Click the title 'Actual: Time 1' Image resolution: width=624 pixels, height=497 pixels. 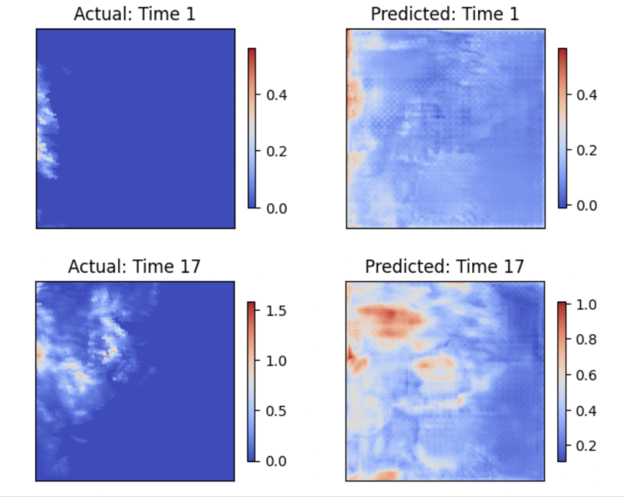pos(135,14)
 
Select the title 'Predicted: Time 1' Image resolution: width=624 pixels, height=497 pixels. pos(445,14)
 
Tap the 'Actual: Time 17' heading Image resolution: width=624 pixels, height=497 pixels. pos(134,267)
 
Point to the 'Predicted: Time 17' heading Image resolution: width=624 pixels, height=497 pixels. pos(444,267)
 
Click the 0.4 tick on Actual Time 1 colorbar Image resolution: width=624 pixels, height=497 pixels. pos(276,95)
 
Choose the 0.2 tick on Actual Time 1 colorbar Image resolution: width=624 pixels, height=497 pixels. pos(276,152)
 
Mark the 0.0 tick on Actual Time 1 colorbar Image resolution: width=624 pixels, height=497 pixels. pos(276,209)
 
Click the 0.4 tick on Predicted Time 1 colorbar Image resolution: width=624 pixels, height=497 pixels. pos(586,95)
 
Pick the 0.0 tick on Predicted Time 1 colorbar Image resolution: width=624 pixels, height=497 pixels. pos(586,206)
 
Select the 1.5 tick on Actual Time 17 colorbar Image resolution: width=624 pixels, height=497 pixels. pos(276,311)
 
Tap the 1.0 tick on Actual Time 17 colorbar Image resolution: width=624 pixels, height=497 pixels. pos(276,361)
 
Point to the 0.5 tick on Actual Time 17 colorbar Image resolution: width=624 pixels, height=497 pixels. pos(276,411)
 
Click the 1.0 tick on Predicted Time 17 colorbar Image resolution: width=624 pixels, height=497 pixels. pos(586,305)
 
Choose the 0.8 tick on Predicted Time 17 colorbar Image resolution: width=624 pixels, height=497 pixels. pos(586,339)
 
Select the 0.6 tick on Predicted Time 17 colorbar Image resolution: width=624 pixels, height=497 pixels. pos(586,375)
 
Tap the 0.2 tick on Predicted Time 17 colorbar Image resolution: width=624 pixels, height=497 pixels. pos(586,446)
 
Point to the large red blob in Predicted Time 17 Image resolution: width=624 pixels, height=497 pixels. pos(390,317)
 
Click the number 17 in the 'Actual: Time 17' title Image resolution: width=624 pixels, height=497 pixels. pos(190,267)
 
